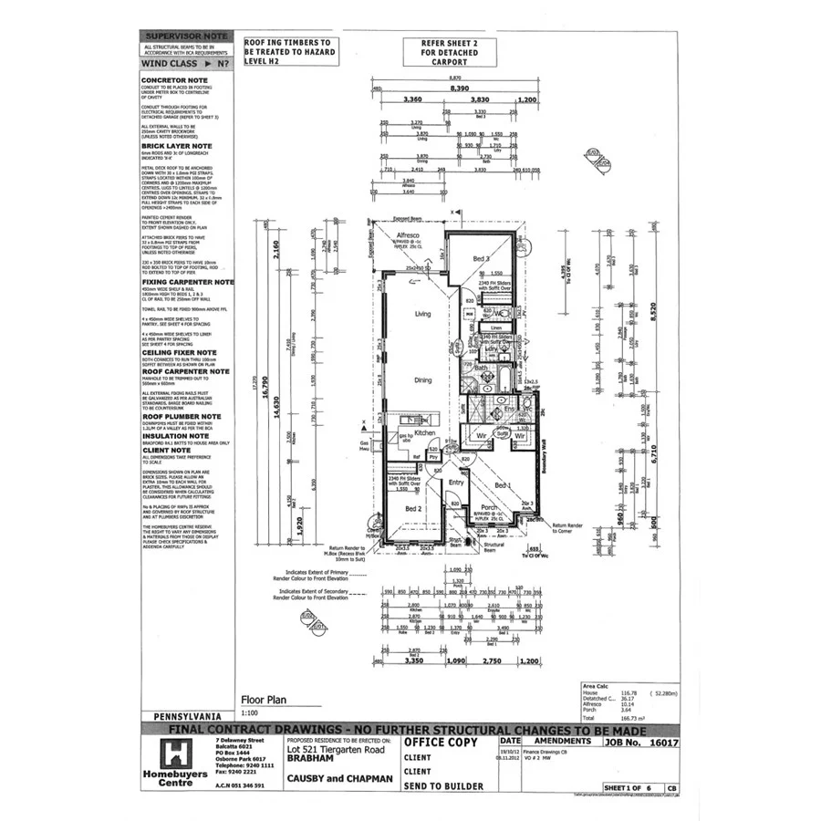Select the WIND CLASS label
click(x=171, y=64)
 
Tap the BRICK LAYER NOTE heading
click(x=177, y=145)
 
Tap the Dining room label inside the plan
click(x=422, y=380)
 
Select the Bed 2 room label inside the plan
click(x=412, y=508)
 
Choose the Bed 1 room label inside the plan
click(x=503, y=485)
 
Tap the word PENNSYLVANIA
click(x=185, y=718)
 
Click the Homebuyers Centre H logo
click(x=173, y=753)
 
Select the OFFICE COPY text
click(x=440, y=743)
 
